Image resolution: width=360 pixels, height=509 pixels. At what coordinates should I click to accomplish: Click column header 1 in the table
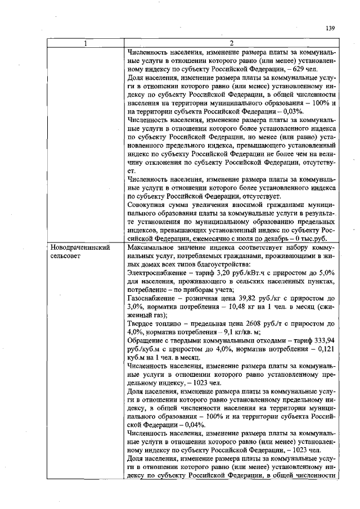pos(85,44)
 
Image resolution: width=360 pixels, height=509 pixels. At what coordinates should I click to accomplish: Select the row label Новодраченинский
pos(79,247)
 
